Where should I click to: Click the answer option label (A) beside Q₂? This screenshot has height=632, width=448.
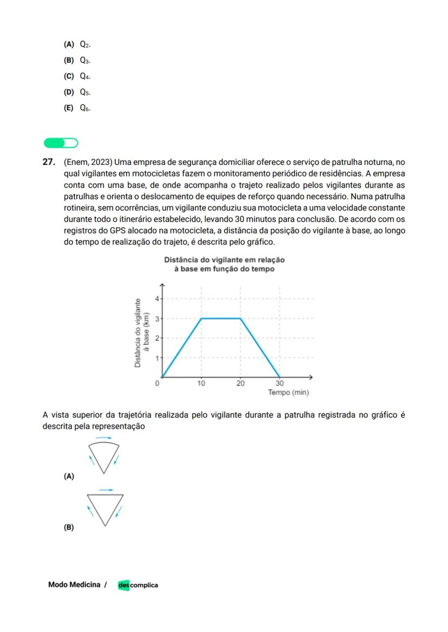(x=69, y=44)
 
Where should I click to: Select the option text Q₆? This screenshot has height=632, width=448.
(x=85, y=108)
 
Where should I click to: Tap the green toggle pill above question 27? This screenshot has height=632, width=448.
(x=61, y=143)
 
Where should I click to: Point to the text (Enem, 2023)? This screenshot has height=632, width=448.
(x=88, y=162)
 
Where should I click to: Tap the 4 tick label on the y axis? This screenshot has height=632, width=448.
(x=157, y=299)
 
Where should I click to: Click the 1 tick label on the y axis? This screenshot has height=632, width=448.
(x=157, y=358)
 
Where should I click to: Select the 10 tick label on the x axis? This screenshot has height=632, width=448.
(x=201, y=383)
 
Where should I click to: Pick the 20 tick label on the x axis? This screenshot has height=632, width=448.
(x=240, y=383)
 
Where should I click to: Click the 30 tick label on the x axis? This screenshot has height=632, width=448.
(x=280, y=383)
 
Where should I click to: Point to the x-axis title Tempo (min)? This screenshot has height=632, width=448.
(x=288, y=392)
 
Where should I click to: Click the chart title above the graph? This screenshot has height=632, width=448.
(x=224, y=264)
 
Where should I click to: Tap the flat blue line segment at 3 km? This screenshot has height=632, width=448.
(x=221, y=318)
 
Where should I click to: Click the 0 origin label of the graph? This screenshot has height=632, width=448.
(x=157, y=383)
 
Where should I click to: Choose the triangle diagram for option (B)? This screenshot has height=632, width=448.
(x=105, y=508)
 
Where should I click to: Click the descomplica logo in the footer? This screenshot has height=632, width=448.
(x=138, y=585)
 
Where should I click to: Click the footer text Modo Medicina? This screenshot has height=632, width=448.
(x=74, y=585)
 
